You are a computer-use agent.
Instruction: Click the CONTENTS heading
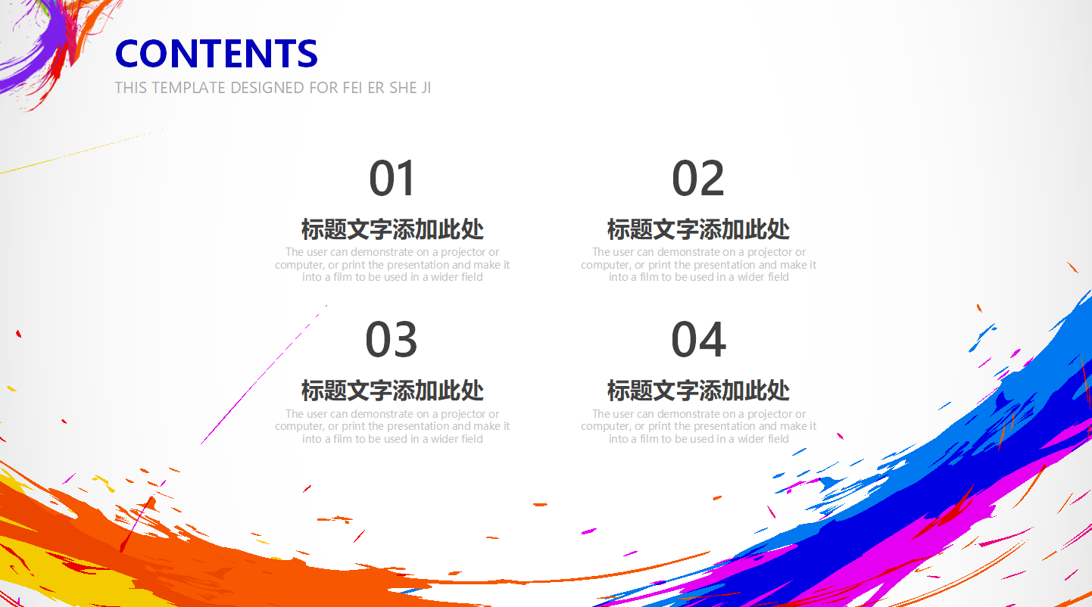pos(216,54)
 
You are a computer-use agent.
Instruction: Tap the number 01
pos(392,179)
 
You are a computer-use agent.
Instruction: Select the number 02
pos(698,179)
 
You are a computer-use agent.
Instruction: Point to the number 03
pos(392,341)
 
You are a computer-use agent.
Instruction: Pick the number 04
pos(698,341)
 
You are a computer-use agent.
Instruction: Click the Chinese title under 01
pos(392,229)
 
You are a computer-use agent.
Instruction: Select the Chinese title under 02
pos(698,229)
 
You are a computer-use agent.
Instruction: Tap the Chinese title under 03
pos(392,391)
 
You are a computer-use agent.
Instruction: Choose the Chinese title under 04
pos(698,391)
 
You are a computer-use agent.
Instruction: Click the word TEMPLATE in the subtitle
pos(189,88)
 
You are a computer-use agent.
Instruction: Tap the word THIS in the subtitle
pos(131,88)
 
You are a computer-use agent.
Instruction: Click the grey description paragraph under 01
pos(392,265)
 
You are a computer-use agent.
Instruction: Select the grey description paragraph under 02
pos(698,265)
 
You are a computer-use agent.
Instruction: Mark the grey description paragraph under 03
pos(392,426)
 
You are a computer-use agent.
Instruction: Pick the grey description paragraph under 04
pos(698,426)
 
